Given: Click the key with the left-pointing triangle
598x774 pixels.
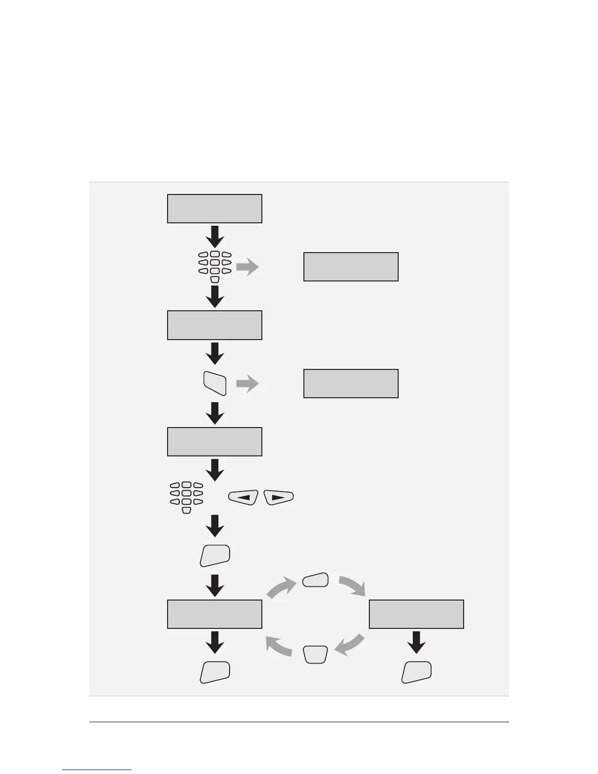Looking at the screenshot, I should click(243, 497).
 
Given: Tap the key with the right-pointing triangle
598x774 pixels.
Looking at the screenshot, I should click(278, 497).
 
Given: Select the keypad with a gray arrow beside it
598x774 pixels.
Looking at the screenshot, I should click(214, 267).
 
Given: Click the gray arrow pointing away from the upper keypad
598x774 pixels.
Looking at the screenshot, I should click(248, 267).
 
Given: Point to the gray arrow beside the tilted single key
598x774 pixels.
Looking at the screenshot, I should click(248, 384).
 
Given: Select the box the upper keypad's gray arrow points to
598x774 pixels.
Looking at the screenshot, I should click(351, 267).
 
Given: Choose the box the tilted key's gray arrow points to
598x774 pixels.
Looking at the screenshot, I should click(351, 384).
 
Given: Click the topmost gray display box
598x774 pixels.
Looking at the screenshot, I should click(214, 209).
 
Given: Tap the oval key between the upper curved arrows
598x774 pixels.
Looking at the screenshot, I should click(315, 580).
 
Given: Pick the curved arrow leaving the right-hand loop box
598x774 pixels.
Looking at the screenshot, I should click(350, 646).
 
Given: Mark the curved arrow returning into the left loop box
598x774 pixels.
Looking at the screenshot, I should click(278, 648).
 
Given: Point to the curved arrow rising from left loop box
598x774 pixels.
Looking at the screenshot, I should click(280, 586).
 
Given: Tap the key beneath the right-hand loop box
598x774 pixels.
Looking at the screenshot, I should click(416, 672).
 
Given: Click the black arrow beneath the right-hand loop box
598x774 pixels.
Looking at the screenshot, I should click(416, 642).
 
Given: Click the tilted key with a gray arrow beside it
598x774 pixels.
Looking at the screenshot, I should click(214, 384).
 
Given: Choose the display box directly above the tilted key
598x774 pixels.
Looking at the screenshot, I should click(214, 325).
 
